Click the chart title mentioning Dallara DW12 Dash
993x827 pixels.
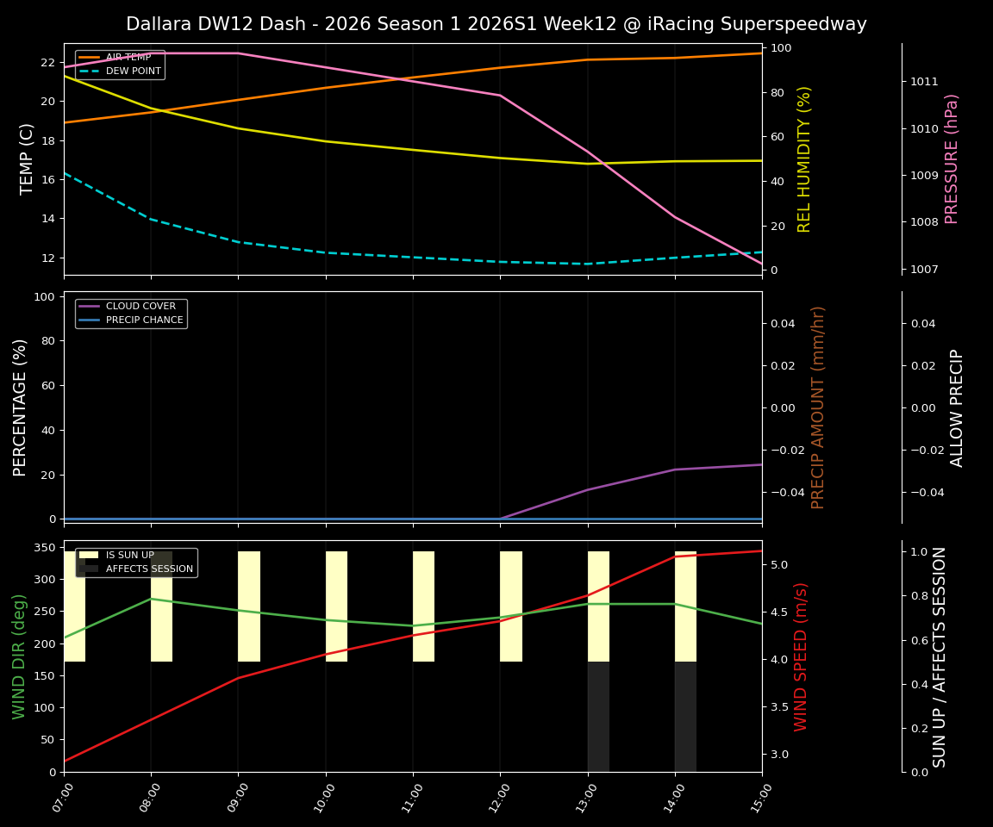click(496, 24)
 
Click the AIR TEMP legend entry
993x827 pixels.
click(128, 58)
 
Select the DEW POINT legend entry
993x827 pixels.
click(133, 72)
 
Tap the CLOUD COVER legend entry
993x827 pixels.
click(140, 307)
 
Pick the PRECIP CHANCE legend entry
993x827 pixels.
click(144, 320)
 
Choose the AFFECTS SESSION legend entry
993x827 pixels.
click(148, 569)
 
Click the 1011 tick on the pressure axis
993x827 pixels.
click(924, 82)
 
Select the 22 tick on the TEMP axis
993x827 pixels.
click(48, 63)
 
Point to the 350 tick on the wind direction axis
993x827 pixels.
click(45, 548)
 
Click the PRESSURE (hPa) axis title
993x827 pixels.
click(952, 159)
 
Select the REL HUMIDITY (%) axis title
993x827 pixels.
click(805, 159)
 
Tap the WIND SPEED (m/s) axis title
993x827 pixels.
click(802, 656)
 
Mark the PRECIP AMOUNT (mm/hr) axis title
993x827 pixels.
click(818, 407)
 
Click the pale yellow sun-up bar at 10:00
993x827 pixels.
click(336, 606)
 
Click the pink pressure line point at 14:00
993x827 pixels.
click(675, 217)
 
